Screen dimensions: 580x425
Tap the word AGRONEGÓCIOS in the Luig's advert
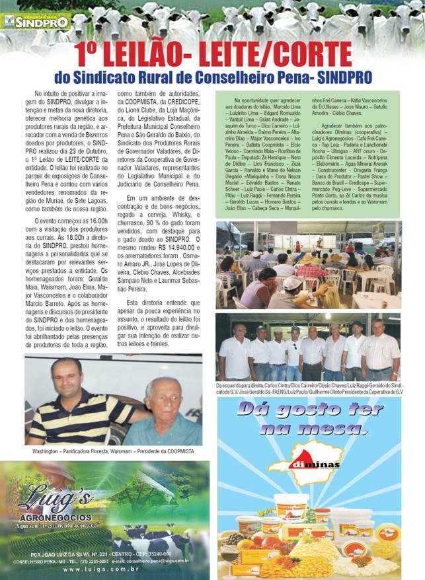click(58, 517)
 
